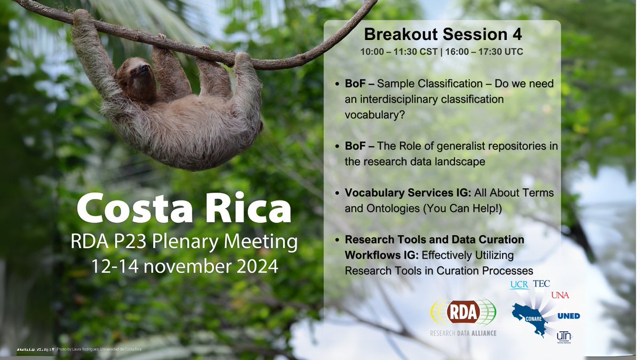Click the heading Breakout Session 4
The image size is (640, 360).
[442, 35]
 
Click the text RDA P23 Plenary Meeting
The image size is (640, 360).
[185, 243]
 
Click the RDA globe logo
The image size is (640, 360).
[463, 313]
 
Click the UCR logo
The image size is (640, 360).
[518, 285]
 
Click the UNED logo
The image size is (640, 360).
[568, 316]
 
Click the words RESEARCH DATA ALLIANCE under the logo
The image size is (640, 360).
[463, 333]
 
